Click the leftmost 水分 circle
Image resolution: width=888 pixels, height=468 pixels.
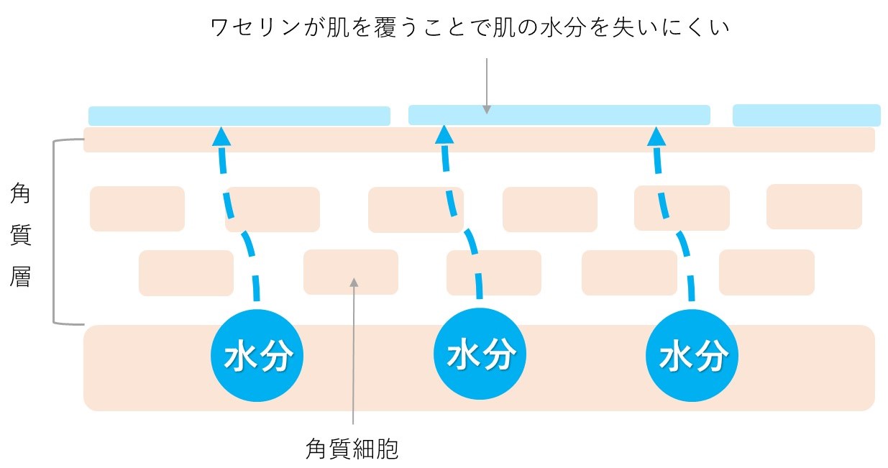tap(257, 355)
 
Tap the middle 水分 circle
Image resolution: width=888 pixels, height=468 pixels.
tap(481, 355)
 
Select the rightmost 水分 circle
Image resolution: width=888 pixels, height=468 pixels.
tap(692, 355)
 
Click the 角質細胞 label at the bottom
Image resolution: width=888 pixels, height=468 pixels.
tap(352, 449)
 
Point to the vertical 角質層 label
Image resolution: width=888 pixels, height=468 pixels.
tap(21, 234)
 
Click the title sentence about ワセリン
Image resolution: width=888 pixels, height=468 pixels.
tap(470, 29)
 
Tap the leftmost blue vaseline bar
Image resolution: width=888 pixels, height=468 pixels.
tap(239, 116)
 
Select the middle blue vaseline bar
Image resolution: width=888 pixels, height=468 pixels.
tap(559, 115)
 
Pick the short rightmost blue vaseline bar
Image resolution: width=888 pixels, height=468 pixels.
tap(806, 115)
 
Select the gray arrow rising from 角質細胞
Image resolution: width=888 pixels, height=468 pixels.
tap(353, 352)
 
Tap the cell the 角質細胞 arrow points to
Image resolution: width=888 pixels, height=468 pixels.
tap(350, 271)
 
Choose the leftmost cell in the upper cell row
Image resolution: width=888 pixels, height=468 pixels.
tap(137, 208)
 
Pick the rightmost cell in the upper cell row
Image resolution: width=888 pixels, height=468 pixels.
tap(814, 206)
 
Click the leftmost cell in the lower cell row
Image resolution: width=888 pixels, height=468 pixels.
tap(186, 272)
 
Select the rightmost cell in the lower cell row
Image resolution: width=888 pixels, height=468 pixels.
tap(766, 272)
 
